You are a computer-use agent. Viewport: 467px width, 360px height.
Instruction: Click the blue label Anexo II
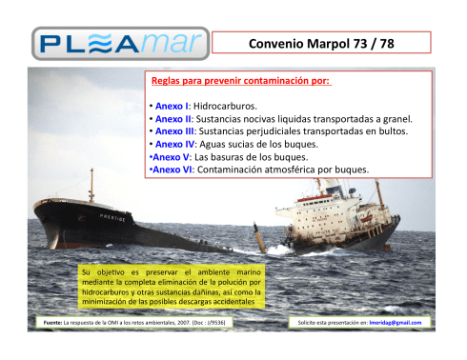pyautogui.click(x=173, y=118)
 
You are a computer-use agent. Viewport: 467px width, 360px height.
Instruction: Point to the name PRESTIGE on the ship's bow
pyautogui.click(x=114, y=217)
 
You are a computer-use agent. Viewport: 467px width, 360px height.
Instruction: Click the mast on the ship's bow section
pyautogui.click(x=91, y=186)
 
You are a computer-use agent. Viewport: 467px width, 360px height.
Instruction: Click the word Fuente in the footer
pyautogui.click(x=44, y=323)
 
